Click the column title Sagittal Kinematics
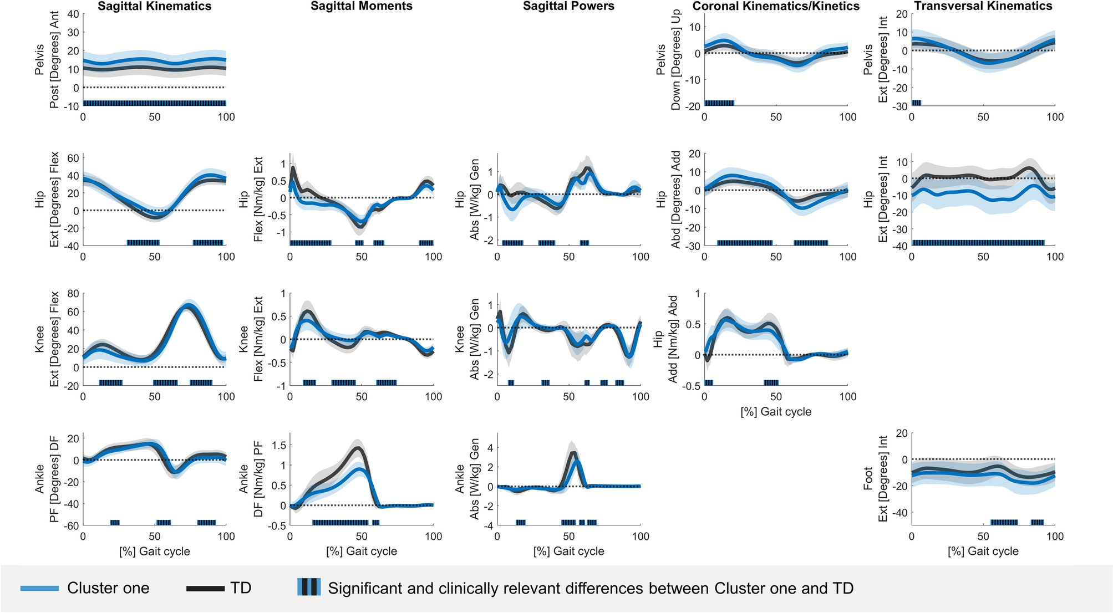coord(154,7)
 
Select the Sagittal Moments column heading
coord(362,7)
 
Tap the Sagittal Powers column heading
coord(568,7)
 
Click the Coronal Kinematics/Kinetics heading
coord(776,7)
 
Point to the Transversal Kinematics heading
coord(983,7)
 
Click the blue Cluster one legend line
coord(40,589)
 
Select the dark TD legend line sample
coord(205,589)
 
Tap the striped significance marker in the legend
coord(309,587)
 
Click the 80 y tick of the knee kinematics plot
coord(72,294)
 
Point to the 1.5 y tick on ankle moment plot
coord(279,445)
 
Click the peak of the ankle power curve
coord(573,453)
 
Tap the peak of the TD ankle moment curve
coord(358,448)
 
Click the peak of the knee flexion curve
coord(189,305)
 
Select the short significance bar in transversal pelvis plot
coord(916,103)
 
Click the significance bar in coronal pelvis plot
coord(719,103)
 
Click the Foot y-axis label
coord(868,479)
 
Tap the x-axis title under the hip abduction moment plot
coord(776,412)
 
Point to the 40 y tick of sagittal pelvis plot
coord(72,14)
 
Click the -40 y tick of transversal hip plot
coord(899,246)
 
